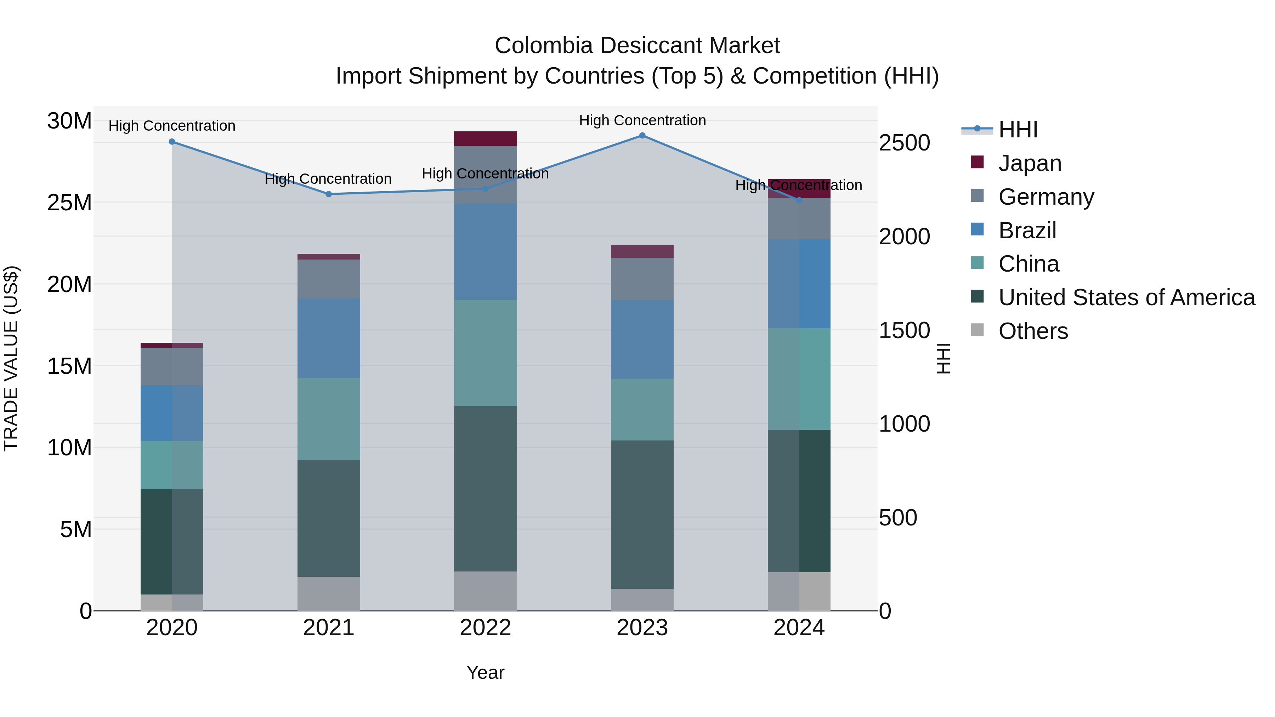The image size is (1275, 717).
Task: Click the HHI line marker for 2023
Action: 642,136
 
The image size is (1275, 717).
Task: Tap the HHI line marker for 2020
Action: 172,142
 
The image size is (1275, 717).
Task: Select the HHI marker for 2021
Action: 329,194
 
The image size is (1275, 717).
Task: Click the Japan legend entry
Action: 1030,163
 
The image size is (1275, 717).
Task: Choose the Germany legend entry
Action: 1046,197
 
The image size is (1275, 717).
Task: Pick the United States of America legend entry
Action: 1126,297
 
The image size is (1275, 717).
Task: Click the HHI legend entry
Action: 1018,130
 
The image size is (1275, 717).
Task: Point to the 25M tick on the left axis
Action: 69,203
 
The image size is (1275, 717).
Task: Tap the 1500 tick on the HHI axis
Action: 904,331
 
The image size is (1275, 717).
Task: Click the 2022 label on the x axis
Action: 485,628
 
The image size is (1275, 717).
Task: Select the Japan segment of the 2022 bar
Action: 485,138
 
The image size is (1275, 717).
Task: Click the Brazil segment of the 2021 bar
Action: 329,338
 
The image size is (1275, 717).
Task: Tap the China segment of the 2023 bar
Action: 642,410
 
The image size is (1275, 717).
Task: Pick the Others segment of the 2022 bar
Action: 485,591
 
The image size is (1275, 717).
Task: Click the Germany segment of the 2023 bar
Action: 642,279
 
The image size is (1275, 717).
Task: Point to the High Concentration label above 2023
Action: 642,120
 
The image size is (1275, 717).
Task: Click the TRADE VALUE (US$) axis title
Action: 11,358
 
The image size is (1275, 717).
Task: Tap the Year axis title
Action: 485,672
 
